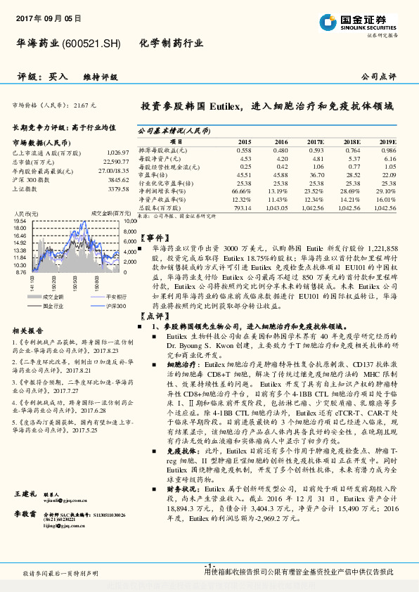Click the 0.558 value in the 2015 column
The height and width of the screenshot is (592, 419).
coord(243,150)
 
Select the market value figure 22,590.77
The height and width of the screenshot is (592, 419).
coord(116,162)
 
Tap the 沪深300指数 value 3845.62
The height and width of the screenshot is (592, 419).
coord(117,180)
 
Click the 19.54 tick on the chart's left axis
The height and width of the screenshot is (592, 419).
coord(20,221)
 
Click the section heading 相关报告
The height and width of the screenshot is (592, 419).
coord(29,330)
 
